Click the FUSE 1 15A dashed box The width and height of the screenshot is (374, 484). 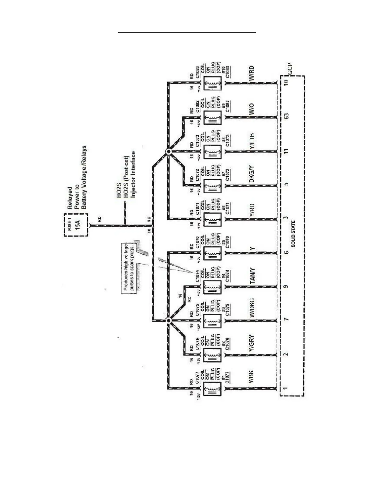(x=76, y=225)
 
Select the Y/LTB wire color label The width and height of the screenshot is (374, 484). (x=251, y=141)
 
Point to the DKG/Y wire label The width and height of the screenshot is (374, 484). (x=251, y=174)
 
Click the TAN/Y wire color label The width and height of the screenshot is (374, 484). (x=252, y=276)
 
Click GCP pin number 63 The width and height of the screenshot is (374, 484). (x=286, y=116)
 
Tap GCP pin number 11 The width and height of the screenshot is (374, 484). (x=286, y=151)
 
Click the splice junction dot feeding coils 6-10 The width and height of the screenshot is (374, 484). (x=168, y=152)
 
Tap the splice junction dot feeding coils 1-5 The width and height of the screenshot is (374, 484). (x=168, y=320)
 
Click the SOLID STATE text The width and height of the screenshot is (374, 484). (x=293, y=234)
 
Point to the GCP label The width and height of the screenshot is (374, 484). (x=290, y=69)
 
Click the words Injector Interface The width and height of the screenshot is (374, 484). (x=133, y=174)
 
